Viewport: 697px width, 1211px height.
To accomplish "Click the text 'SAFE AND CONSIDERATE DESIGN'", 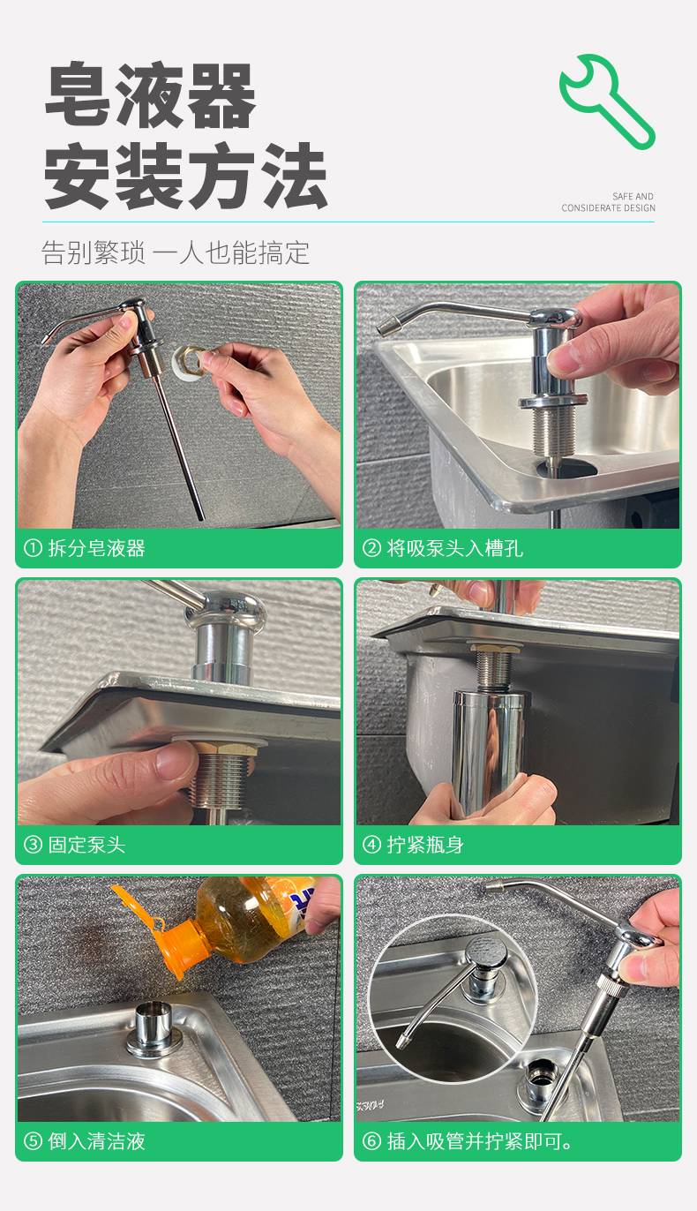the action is pyautogui.click(x=608, y=202).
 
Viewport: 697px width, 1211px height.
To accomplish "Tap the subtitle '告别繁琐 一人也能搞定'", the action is pyautogui.click(x=176, y=252).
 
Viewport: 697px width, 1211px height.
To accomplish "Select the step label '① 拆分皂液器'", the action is pyautogui.click(x=85, y=548).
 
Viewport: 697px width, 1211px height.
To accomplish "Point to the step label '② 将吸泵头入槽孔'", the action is pyautogui.click(x=443, y=548).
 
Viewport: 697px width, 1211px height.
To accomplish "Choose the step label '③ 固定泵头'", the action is pyautogui.click(x=75, y=845).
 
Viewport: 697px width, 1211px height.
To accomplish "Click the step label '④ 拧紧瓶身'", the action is pyautogui.click(x=413, y=845).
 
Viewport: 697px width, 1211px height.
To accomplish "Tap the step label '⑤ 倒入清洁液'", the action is pyautogui.click(x=85, y=1141).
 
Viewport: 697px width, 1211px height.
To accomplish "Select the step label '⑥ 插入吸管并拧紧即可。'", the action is pyautogui.click(x=468, y=1141).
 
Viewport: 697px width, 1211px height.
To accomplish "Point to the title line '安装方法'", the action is pyautogui.click(x=185, y=177).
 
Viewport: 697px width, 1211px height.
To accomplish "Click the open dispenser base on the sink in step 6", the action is pyautogui.click(x=536, y=1082).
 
